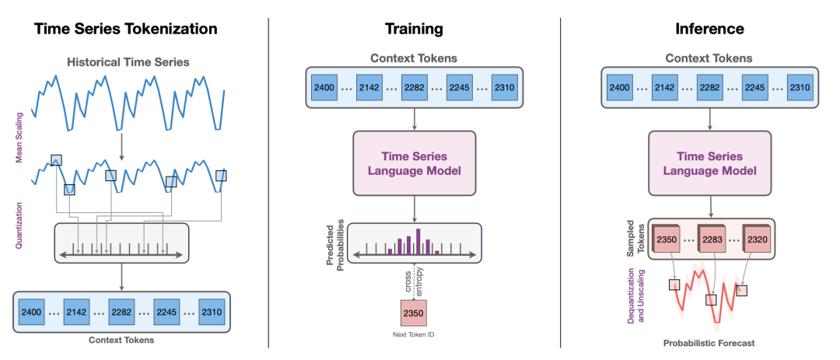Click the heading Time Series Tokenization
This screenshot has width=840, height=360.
click(x=124, y=29)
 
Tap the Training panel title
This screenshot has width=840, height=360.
click(x=414, y=29)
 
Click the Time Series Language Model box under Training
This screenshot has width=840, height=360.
click(x=414, y=164)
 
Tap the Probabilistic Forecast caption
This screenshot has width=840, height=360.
click(x=709, y=342)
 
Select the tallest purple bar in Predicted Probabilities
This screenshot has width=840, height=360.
click(x=418, y=240)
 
